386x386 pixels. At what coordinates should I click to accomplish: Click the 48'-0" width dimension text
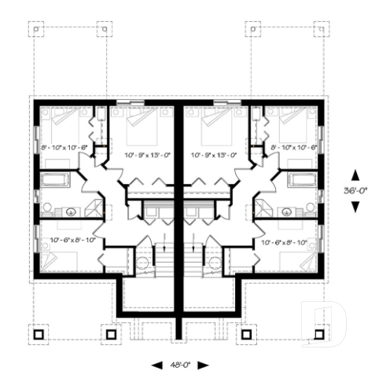181,365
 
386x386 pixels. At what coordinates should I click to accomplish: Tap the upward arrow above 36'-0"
355,175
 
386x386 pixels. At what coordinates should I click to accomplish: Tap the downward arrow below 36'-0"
355,206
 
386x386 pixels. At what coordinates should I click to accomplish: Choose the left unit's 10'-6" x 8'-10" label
72,240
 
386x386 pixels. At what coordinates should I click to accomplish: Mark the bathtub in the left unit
55,180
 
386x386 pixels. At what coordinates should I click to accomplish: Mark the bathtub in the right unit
302,180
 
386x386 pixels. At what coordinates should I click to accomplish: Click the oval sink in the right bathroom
286,211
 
